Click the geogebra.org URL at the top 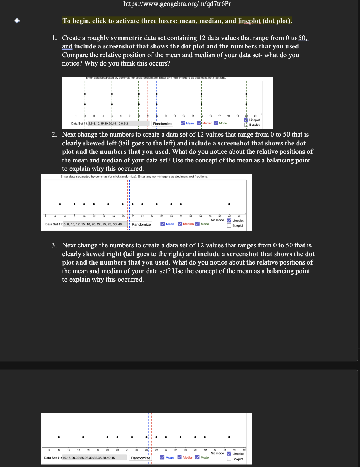[x=177, y=4]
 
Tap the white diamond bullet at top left [x=17, y=21]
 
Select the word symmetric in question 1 [x=127, y=38]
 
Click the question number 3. [x=54, y=245]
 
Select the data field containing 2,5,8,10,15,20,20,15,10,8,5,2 [x=118, y=123]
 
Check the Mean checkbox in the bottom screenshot [x=163, y=458]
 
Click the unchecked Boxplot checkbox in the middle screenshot [x=229, y=225]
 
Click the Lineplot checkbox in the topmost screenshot [x=246, y=120]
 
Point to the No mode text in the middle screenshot [x=217, y=220]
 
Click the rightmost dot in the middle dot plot [x=229, y=204]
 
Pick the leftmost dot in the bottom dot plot [x=59, y=437]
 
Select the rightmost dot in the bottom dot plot [x=229, y=437]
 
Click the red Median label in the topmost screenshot [x=207, y=123]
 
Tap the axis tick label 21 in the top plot [x=255, y=116]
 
